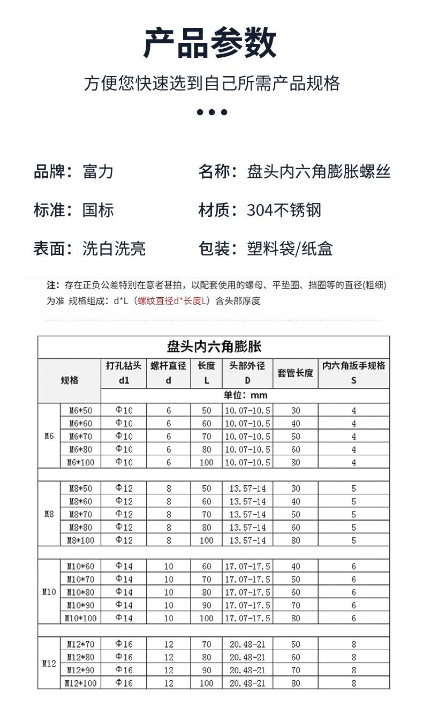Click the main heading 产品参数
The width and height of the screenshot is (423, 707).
210,43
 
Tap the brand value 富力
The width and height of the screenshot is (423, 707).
98,171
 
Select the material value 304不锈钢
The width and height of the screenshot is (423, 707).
284,210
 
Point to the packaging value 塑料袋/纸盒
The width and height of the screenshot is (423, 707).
290,249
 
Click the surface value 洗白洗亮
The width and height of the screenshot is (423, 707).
114,249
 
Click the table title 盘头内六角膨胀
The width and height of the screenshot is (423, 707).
214,347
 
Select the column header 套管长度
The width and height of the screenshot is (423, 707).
295,373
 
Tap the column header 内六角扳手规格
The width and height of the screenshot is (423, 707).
353,366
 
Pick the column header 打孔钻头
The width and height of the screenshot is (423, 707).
124,366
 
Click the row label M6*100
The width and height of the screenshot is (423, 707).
80,462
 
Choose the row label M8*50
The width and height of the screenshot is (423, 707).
80,488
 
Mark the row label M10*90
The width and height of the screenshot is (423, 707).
80,605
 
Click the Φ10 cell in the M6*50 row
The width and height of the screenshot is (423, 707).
124,410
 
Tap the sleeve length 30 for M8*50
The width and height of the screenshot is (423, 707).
296,488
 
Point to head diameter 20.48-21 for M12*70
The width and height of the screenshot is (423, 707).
247,644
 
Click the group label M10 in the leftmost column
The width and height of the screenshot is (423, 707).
49,592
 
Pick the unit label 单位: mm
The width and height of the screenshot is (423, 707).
245,396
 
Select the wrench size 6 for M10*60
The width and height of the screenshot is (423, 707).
353,566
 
